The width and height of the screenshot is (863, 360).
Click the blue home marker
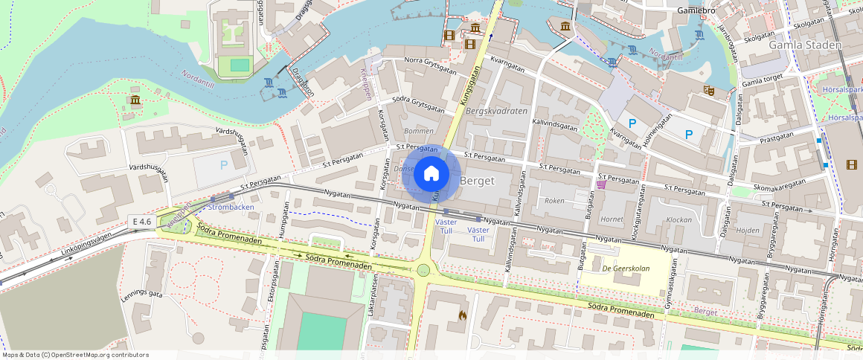pyautogui.click(x=431, y=174)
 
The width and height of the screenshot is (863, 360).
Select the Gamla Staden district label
pyautogui.click(x=805, y=45)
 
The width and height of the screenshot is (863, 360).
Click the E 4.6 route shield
pyautogui.click(x=141, y=222)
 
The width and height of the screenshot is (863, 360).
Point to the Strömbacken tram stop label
pyautogui.click(x=233, y=207)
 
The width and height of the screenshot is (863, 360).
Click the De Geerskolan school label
pyautogui.click(x=627, y=269)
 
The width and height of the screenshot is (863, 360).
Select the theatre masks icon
pyautogui.click(x=709, y=90)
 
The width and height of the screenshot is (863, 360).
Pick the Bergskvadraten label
pyautogui.click(x=495, y=111)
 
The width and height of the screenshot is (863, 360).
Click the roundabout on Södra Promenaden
pyautogui.click(x=423, y=270)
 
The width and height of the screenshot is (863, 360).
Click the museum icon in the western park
pyautogui.click(x=135, y=100)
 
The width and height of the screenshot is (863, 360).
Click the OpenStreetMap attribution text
pyautogui.click(x=75, y=355)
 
